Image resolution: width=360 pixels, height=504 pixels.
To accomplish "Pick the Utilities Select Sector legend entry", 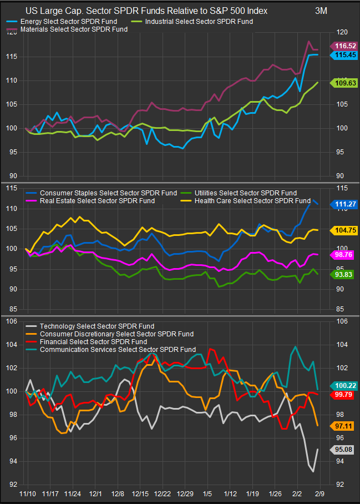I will [x=244, y=193].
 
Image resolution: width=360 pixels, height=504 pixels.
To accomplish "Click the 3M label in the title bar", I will [x=321, y=11].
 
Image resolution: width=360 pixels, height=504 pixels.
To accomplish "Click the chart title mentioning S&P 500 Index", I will [x=153, y=11].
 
